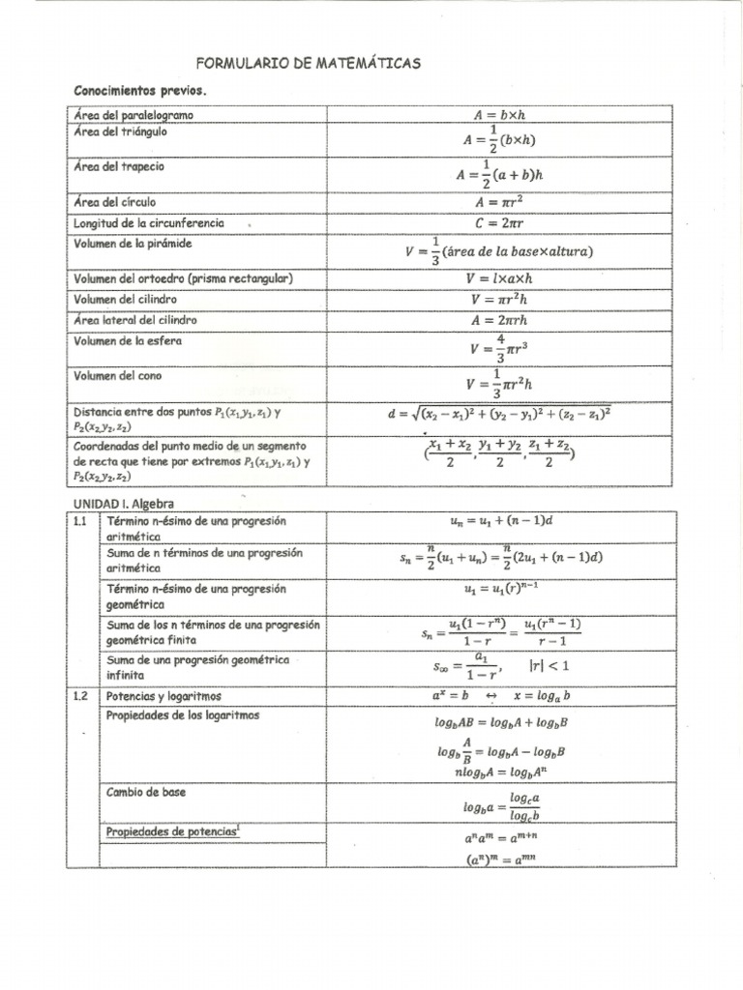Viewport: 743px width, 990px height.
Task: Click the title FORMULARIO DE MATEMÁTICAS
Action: pyautogui.click(x=309, y=64)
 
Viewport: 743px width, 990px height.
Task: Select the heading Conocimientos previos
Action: pyautogui.click(x=141, y=91)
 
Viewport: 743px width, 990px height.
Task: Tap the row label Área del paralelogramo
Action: pyautogui.click(x=134, y=115)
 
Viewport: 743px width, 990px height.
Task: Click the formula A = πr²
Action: pyautogui.click(x=499, y=202)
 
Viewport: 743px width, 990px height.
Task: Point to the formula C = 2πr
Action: pyautogui.click(x=499, y=222)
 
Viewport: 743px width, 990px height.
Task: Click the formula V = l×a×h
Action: pyautogui.click(x=499, y=278)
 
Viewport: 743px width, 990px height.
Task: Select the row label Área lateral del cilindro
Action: pyautogui.click(x=135, y=319)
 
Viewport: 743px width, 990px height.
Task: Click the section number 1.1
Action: pyautogui.click(x=80, y=521)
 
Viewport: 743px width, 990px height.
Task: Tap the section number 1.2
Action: pyautogui.click(x=80, y=696)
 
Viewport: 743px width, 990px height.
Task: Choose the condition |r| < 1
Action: pyautogui.click(x=549, y=665)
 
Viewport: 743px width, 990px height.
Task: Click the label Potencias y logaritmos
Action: pyautogui.click(x=163, y=696)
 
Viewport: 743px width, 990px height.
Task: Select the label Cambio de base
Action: pyautogui.click(x=146, y=792)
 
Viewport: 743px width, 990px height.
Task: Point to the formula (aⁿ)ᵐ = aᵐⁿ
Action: pyautogui.click(x=499, y=858)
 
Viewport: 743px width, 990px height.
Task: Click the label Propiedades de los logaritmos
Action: pyautogui.click(x=183, y=715)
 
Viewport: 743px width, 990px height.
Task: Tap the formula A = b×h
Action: pyautogui.click(x=499, y=114)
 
